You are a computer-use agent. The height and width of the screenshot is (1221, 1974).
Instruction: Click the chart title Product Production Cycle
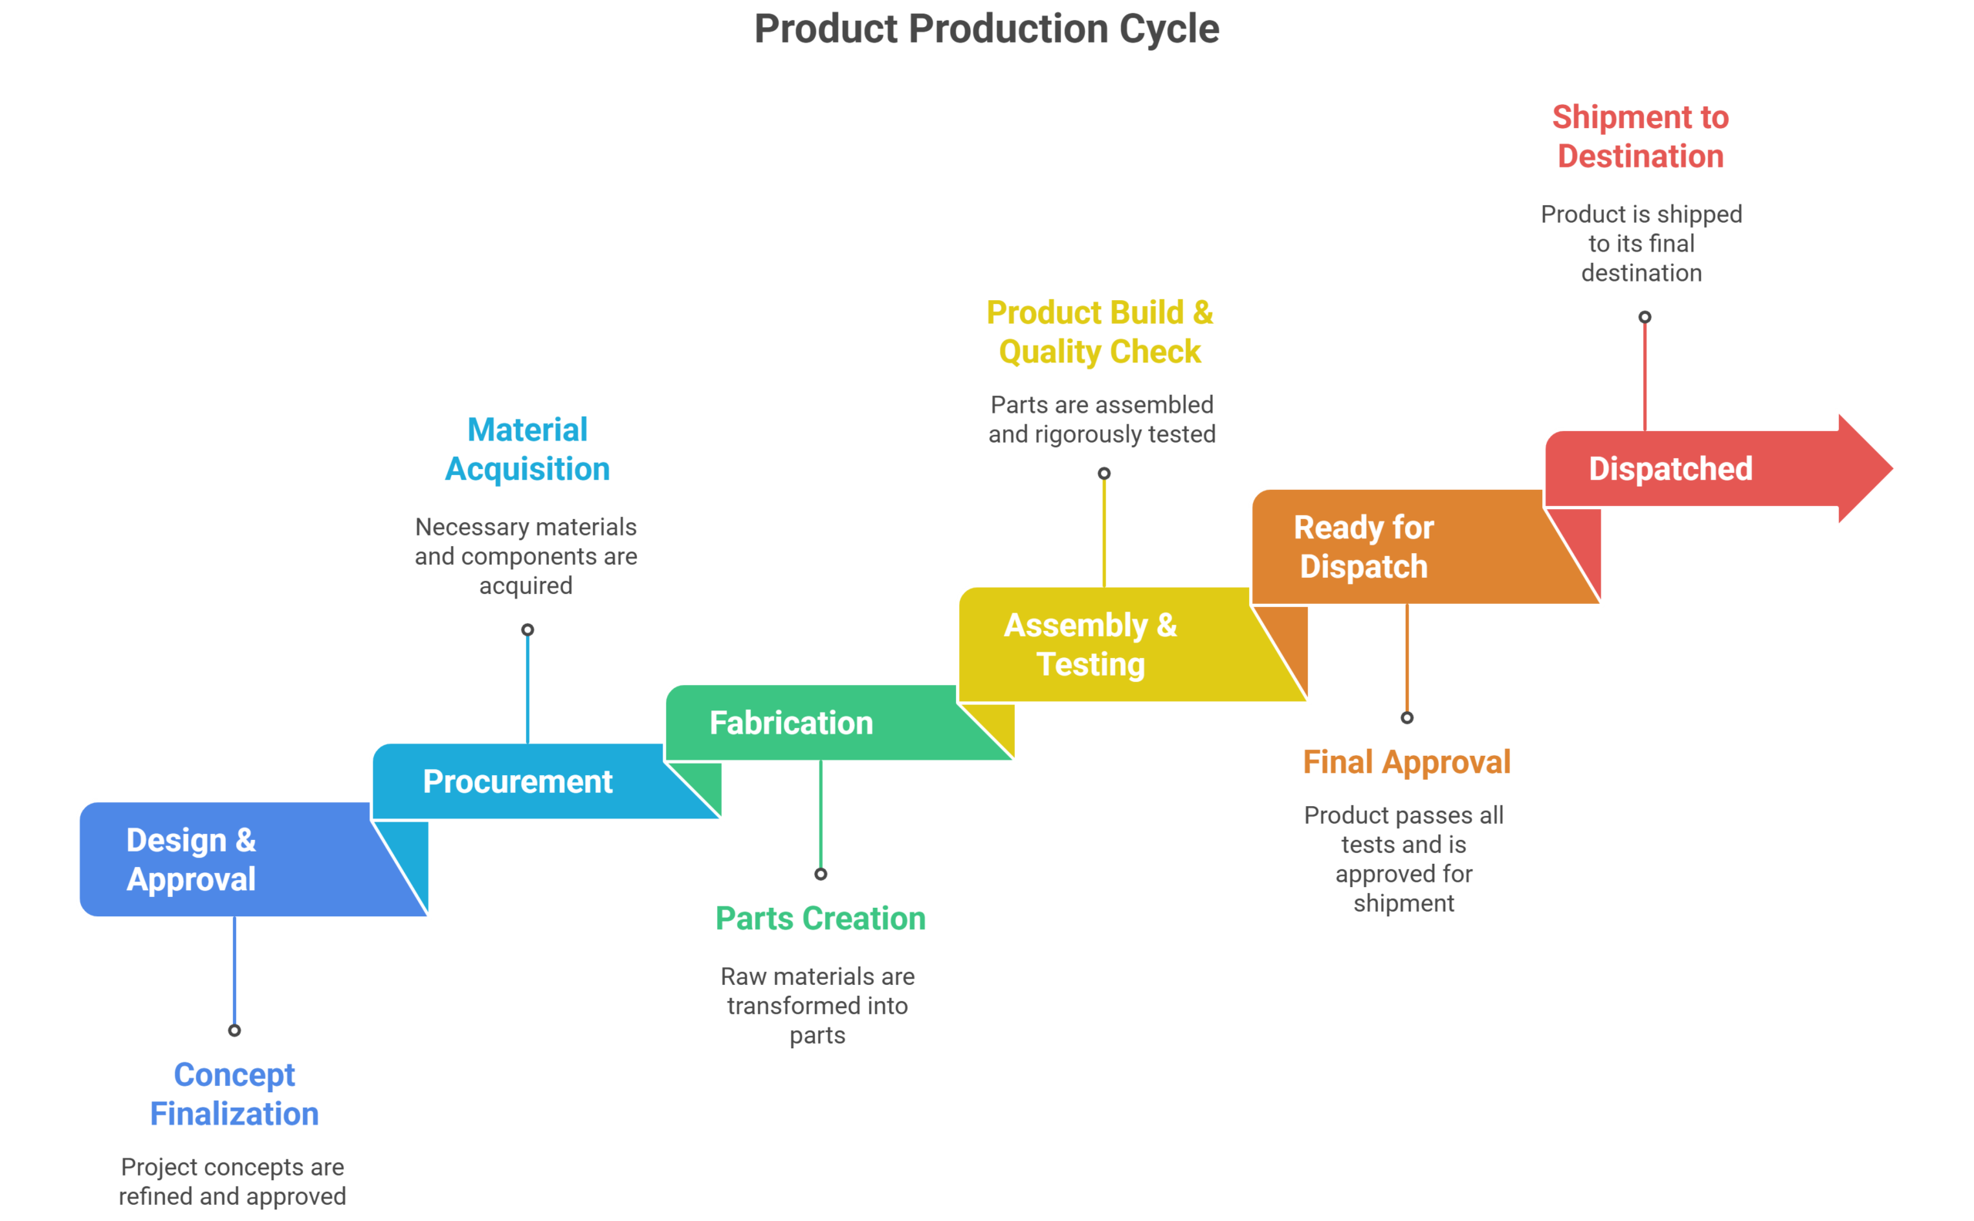(x=985, y=30)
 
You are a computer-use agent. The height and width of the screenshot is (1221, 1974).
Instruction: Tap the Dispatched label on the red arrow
(x=1669, y=469)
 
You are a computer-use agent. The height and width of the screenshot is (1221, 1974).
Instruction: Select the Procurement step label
(x=517, y=781)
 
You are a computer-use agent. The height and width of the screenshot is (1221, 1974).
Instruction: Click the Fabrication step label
(x=790, y=723)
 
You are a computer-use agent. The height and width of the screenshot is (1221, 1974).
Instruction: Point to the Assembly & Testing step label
(x=1090, y=644)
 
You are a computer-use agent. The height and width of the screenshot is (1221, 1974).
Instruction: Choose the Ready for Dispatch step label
(x=1363, y=547)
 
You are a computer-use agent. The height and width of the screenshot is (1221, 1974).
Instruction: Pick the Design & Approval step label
(x=191, y=859)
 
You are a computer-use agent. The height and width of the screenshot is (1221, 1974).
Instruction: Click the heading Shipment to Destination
(x=1640, y=137)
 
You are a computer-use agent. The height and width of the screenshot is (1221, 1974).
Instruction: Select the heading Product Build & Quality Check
(x=1100, y=332)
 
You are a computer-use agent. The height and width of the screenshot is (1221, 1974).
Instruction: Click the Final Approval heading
(x=1406, y=761)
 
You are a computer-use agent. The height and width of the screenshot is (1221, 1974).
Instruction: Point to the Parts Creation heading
(x=820, y=918)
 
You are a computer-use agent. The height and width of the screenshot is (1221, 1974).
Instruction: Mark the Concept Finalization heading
(x=234, y=1095)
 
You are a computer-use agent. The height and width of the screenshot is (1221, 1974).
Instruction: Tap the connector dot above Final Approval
(x=1406, y=718)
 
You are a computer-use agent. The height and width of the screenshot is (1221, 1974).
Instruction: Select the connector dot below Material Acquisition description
(x=527, y=630)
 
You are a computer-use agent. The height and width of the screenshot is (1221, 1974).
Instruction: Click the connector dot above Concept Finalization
(x=234, y=1030)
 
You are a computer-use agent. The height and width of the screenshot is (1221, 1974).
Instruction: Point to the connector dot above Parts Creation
(x=820, y=874)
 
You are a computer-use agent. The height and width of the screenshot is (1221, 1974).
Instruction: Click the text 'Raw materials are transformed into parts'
(x=817, y=1005)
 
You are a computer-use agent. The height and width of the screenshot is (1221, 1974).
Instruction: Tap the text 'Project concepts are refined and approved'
(x=233, y=1182)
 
